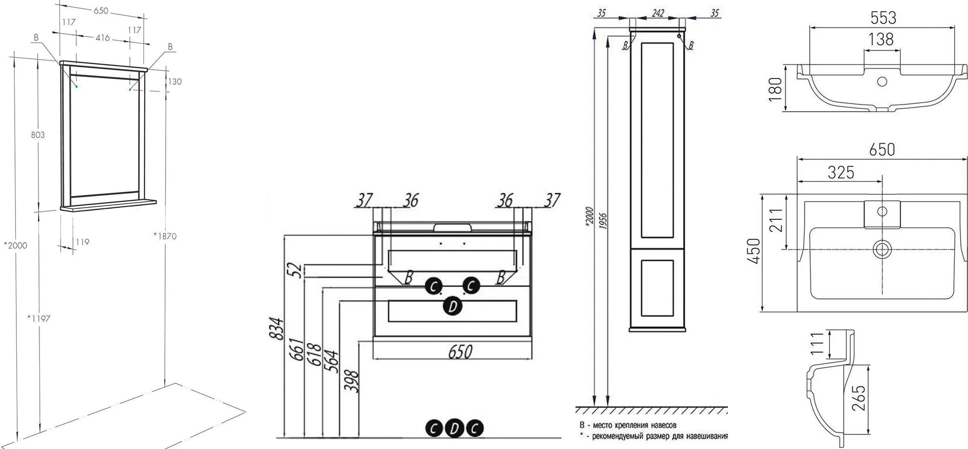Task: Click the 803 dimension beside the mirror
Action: pos(38,135)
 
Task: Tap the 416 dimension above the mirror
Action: pos(103,38)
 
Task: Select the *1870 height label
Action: pos(165,236)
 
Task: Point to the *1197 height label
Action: pos(38,318)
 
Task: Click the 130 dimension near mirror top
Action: pos(174,82)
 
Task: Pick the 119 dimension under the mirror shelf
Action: pos(82,242)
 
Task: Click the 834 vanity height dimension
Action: pos(277,328)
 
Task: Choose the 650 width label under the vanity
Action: pos(460,351)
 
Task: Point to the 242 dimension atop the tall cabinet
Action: pos(658,13)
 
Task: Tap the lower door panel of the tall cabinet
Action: pos(657,288)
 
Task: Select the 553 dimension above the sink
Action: pos(883,18)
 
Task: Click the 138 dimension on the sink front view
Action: pos(881,40)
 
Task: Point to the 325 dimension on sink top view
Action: pos(841,173)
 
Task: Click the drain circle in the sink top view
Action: pos(882,249)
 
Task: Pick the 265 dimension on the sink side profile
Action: pos(858,398)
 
